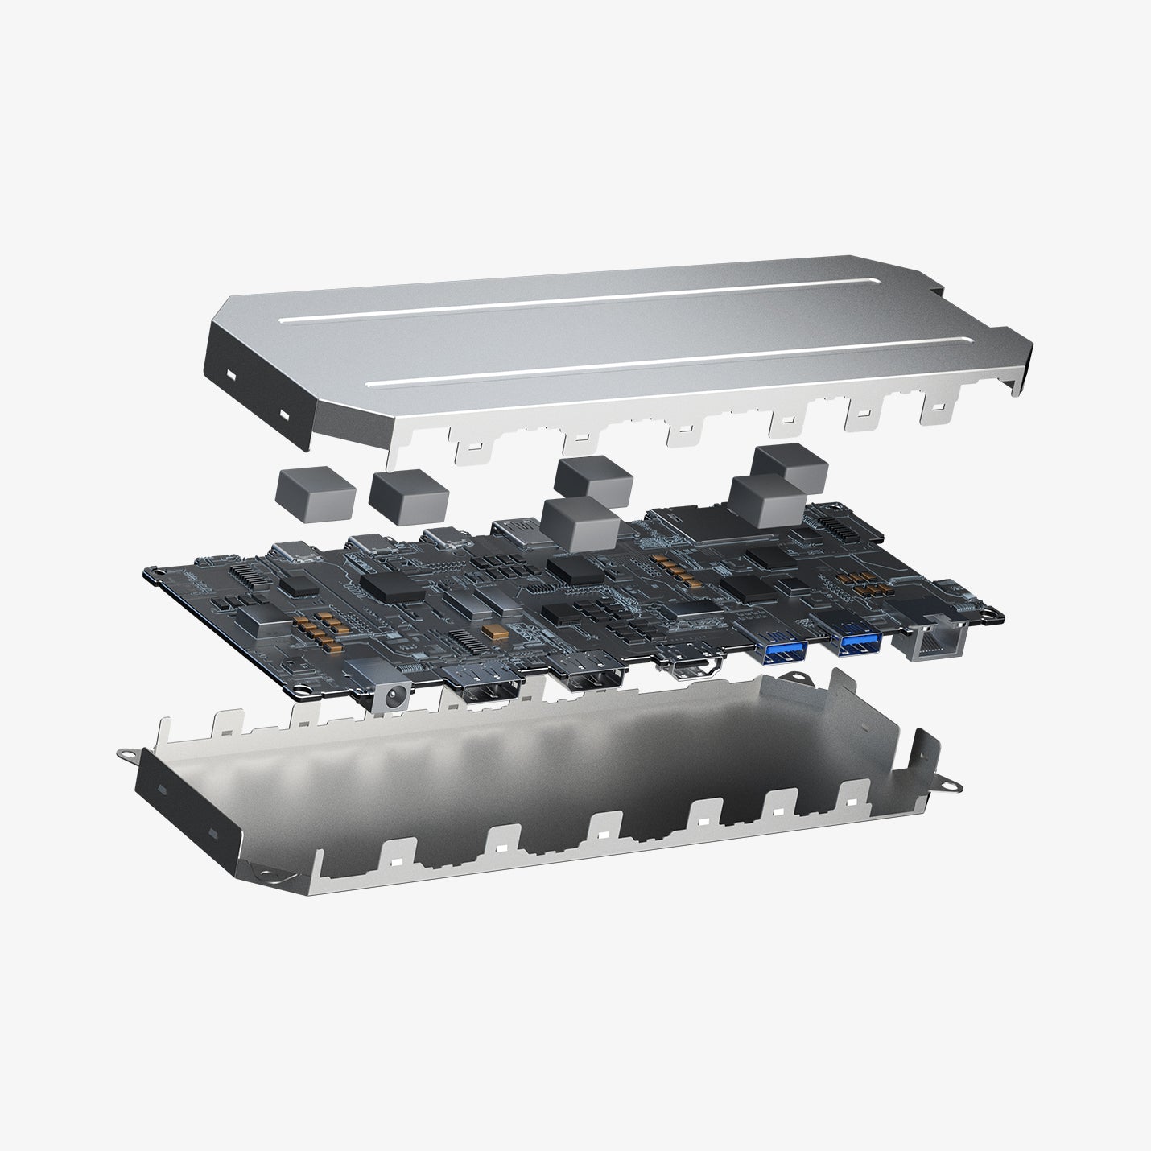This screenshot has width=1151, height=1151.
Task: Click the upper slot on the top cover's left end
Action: (x=231, y=376)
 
